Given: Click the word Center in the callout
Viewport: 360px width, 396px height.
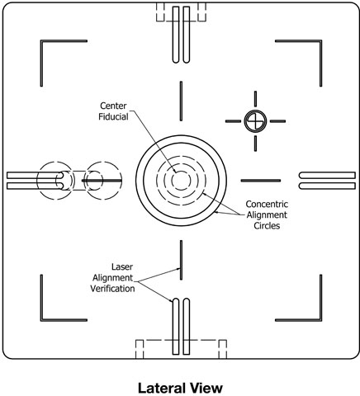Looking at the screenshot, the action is coord(113,106).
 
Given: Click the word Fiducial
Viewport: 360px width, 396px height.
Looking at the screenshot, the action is coord(113,116).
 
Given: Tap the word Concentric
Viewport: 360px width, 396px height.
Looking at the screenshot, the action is coord(267,204).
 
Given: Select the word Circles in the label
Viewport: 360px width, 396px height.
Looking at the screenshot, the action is coord(267,226).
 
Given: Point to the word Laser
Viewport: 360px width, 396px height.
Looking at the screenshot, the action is coord(122,266).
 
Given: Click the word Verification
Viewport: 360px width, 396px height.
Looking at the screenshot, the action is coord(112,289).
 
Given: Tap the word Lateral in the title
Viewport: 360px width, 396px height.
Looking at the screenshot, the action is coord(161,388).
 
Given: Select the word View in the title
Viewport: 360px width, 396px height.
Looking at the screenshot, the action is coord(205,388).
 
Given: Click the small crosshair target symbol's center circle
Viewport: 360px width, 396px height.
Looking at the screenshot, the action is coord(255,121).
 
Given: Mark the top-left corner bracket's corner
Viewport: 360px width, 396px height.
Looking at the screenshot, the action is coord(41,41).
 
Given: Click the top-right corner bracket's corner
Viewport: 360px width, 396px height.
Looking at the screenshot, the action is coord(321,41).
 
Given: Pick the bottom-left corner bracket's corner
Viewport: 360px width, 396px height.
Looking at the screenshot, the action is coord(41,320).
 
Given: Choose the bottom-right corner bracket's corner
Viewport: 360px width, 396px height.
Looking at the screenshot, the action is coord(321,320).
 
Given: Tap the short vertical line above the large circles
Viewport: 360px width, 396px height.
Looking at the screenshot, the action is coord(181,101).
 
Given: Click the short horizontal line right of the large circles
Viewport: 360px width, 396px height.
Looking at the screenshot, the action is coord(261,181).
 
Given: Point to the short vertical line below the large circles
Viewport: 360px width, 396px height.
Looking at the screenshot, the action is coord(181,260).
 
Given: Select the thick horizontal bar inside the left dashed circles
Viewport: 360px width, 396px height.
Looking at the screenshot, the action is coord(102,181).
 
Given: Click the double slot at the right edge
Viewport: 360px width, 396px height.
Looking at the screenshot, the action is coord(327,181).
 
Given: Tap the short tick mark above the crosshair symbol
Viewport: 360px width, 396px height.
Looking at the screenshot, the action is coord(255,99).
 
